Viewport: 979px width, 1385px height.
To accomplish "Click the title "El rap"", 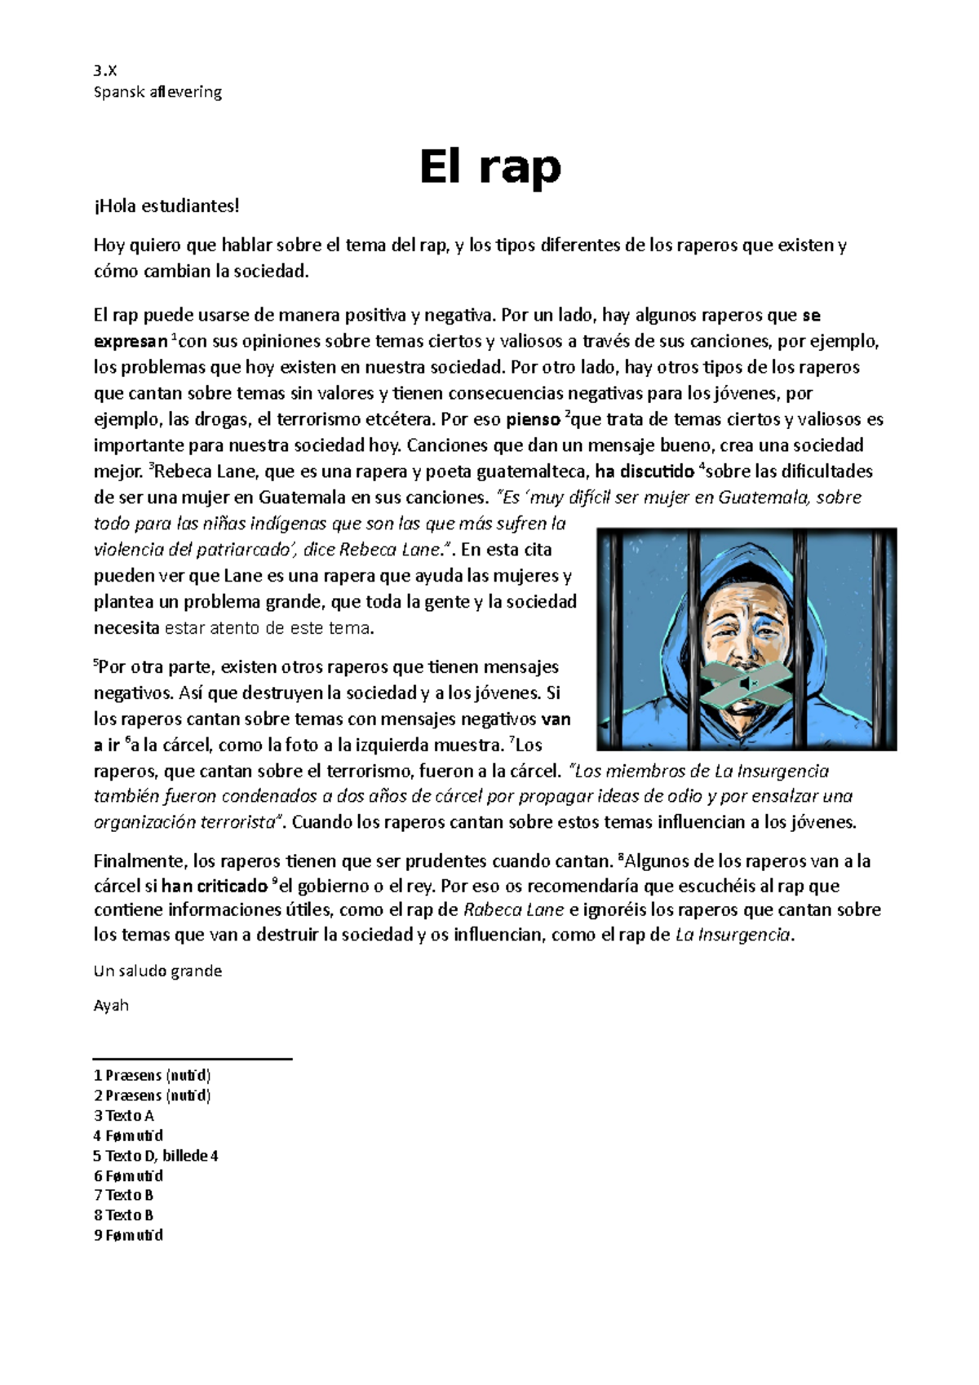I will coord(489,167).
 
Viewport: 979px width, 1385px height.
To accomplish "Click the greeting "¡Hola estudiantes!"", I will coord(167,206).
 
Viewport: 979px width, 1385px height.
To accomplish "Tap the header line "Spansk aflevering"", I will coord(157,92).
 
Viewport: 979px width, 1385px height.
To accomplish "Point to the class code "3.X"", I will coord(105,70).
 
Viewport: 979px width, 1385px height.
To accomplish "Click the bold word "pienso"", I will coord(533,421).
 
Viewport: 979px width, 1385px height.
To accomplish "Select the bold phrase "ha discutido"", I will coord(645,471).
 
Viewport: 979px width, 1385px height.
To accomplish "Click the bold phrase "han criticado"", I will coord(215,887).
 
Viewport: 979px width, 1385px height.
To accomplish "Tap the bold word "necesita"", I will coord(126,629).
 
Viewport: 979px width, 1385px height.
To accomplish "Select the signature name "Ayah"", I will coord(111,1006).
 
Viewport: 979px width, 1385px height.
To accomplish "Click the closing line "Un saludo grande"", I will coord(157,971).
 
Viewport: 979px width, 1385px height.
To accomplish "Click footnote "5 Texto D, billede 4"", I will coord(156,1156).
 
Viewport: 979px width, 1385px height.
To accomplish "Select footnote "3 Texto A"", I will coord(124,1116).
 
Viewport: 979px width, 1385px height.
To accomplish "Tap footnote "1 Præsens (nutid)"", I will coord(153,1076).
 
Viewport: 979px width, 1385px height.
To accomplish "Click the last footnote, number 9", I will coord(129,1236).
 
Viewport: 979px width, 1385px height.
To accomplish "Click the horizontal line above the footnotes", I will coord(193,1059).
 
